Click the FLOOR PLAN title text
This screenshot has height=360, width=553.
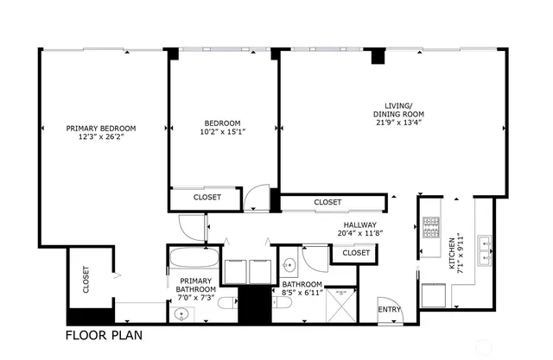pyautogui.click(x=105, y=334)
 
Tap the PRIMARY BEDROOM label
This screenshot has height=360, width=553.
pyautogui.click(x=101, y=128)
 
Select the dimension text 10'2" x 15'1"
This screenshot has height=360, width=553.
pyautogui.click(x=223, y=132)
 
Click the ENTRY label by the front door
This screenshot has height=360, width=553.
pyautogui.click(x=389, y=310)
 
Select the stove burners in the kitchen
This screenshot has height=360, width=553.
pyautogui.click(x=429, y=227)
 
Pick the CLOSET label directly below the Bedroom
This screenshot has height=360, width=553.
pyautogui.click(x=207, y=198)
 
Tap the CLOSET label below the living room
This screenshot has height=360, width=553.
pyautogui.click(x=327, y=202)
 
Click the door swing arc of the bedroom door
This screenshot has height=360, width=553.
pyautogui.click(x=255, y=200)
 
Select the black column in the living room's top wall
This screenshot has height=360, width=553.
pyautogui.click(x=377, y=57)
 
